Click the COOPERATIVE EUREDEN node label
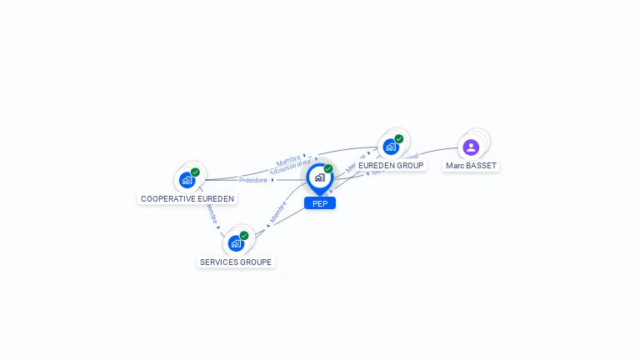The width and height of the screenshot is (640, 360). [187, 199]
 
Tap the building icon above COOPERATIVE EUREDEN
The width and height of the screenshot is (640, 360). [187, 180]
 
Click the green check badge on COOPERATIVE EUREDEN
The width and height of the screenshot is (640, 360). [195, 172]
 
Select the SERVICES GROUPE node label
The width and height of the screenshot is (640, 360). [236, 262]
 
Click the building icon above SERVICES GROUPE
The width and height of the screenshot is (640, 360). [236, 243]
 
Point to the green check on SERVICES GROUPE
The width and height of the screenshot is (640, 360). [244, 236]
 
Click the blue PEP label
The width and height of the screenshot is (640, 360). [320, 203]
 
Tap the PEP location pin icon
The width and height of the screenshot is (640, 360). [320, 177]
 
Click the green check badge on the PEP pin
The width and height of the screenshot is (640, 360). [328, 169]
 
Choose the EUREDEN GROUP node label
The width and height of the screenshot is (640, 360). [391, 166]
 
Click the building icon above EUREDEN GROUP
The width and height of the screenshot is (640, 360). [390, 147]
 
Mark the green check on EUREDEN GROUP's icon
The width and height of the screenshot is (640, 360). [399, 139]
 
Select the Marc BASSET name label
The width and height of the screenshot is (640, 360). [471, 166]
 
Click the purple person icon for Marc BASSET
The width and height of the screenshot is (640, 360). [471, 147]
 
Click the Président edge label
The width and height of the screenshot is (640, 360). [253, 180]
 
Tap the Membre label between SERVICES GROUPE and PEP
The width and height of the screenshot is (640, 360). [278, 212]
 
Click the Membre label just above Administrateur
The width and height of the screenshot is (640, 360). [288, 159]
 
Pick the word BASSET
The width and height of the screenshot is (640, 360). [482, 166]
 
